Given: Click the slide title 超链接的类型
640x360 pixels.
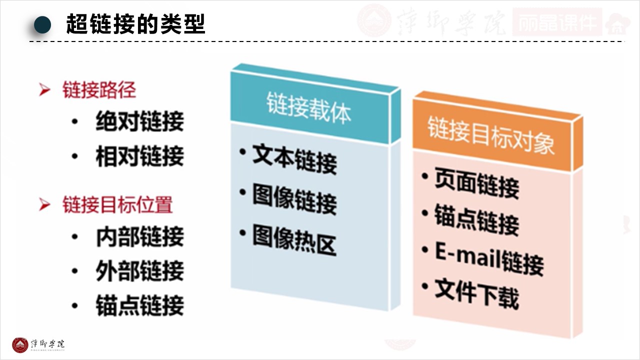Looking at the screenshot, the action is (x=135, y=24).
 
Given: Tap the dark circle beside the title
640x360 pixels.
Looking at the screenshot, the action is (x=43, y=24).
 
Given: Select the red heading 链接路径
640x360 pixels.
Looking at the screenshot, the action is (x=99, y=90).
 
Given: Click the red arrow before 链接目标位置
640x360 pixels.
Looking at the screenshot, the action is (x=45, y=204).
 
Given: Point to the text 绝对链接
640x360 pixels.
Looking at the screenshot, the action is (x=139, y=121).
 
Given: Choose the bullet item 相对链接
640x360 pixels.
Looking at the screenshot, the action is (x=139, y=156).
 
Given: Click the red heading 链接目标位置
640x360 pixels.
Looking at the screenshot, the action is (x=117, y=204).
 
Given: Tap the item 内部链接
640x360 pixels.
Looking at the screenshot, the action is (x=139, y=237).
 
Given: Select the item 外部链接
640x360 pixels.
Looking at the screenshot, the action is (x=139, y=271).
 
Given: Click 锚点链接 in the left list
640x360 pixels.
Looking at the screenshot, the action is (x=139, y=305).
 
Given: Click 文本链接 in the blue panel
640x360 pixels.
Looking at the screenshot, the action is (x=294, y=159).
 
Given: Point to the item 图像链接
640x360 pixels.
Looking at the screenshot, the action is (x=294, y=200).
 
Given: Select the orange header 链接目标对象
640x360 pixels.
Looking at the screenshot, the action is (x=490, y=134).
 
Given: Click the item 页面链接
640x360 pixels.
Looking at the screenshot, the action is (x=476, y=184).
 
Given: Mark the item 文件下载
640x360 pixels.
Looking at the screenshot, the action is (x=476, y=293).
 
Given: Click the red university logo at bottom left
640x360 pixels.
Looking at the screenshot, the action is (x=20, y=345).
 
